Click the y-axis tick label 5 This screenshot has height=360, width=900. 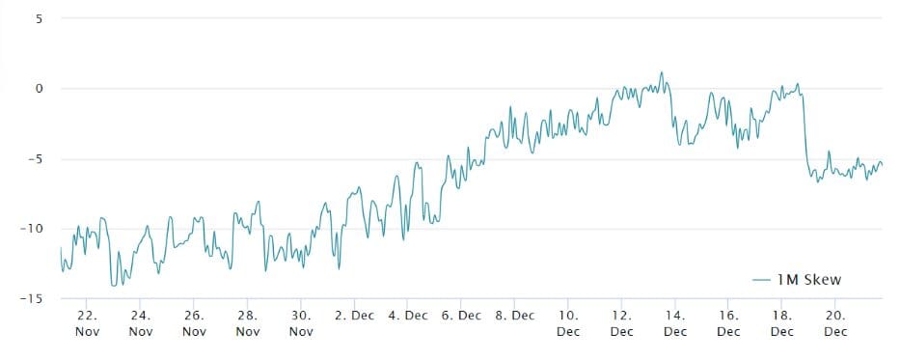click(x=40, y=18)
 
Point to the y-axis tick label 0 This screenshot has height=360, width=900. click(x=40, y=89)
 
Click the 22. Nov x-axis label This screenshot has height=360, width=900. click(x=88, y=323)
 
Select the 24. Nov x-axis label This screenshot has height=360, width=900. click(x=141, y=323)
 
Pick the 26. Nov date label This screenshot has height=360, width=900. click(x=195, y=323)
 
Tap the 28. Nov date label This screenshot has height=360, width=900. click(x=248, y=323)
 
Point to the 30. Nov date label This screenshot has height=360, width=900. click(x=302, y=323)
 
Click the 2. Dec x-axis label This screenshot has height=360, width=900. click(x=354, y=316)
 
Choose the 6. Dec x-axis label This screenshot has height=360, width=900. click(x=461, y=316)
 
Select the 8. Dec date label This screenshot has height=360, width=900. click(x=515, y=316)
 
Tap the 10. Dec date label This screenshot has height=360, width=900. click(x=568, y=323)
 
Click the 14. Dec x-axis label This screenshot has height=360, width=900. click(x=675, y=323)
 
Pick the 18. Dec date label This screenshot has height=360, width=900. click(x=782, y=323)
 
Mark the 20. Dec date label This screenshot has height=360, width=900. click(x=835, y=323)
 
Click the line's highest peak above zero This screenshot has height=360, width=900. click(x=662, y=72)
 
